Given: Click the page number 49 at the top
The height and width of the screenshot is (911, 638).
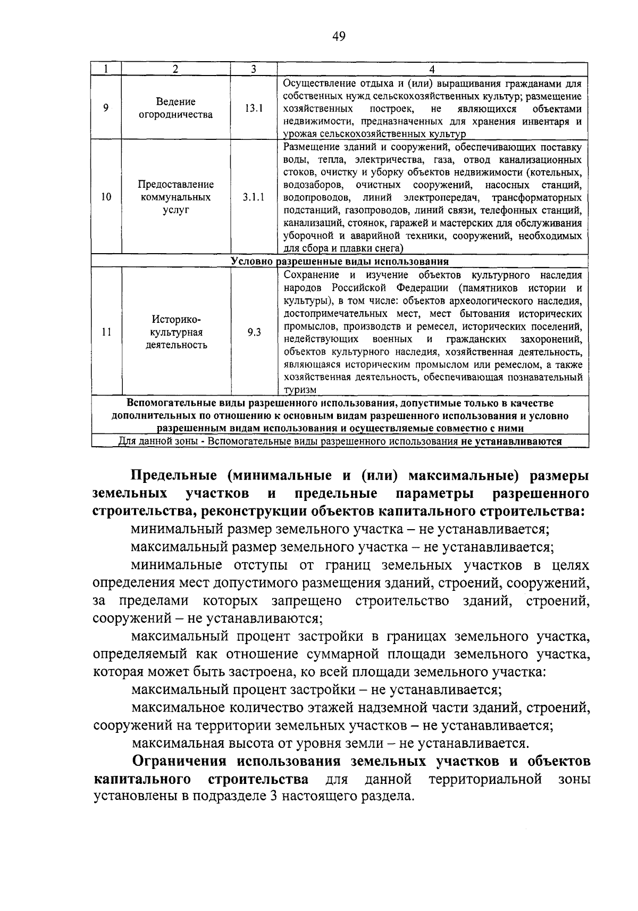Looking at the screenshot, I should click(339, 36).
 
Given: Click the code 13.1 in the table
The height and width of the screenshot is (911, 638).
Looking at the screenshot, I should click(254, 108).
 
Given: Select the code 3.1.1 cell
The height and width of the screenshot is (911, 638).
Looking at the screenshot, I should click(254, 197).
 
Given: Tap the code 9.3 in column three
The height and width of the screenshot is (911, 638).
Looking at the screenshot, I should click(254, 332).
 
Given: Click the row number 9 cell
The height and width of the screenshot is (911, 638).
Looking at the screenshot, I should click(106, 108).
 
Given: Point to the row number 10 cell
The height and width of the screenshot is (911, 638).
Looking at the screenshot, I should click(106, 197).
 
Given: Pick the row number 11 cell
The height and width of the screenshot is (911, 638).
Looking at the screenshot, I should click(106, 332).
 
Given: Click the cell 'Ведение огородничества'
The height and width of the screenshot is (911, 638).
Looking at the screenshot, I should click(175, 108).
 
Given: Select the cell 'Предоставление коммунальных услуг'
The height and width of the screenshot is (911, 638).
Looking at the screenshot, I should click(175, 197).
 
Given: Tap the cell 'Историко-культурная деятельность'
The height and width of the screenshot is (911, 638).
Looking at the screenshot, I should click(175, 332).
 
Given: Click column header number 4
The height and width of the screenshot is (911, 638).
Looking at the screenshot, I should click(432, 70).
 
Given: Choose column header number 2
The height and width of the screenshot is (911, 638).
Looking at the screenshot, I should click(175, 70).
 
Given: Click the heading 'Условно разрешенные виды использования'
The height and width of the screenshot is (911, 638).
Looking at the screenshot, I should click(340, 262).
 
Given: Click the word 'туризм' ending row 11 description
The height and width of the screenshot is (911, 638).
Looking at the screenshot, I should click(300, 390).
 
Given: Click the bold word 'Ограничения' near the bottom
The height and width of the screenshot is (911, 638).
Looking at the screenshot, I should click(180, 762).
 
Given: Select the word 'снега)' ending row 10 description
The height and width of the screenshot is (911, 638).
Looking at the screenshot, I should click(391, 248).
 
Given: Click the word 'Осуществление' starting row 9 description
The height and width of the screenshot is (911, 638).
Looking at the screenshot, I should click(315, 83).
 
